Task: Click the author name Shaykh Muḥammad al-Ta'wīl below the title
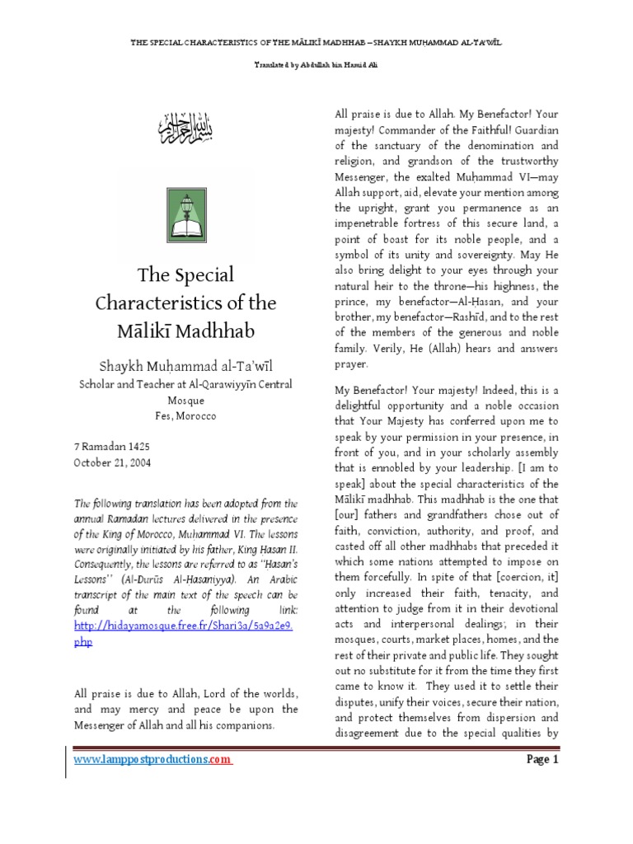point(189,366)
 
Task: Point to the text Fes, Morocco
point(189,416)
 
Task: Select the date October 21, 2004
point(112,462)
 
